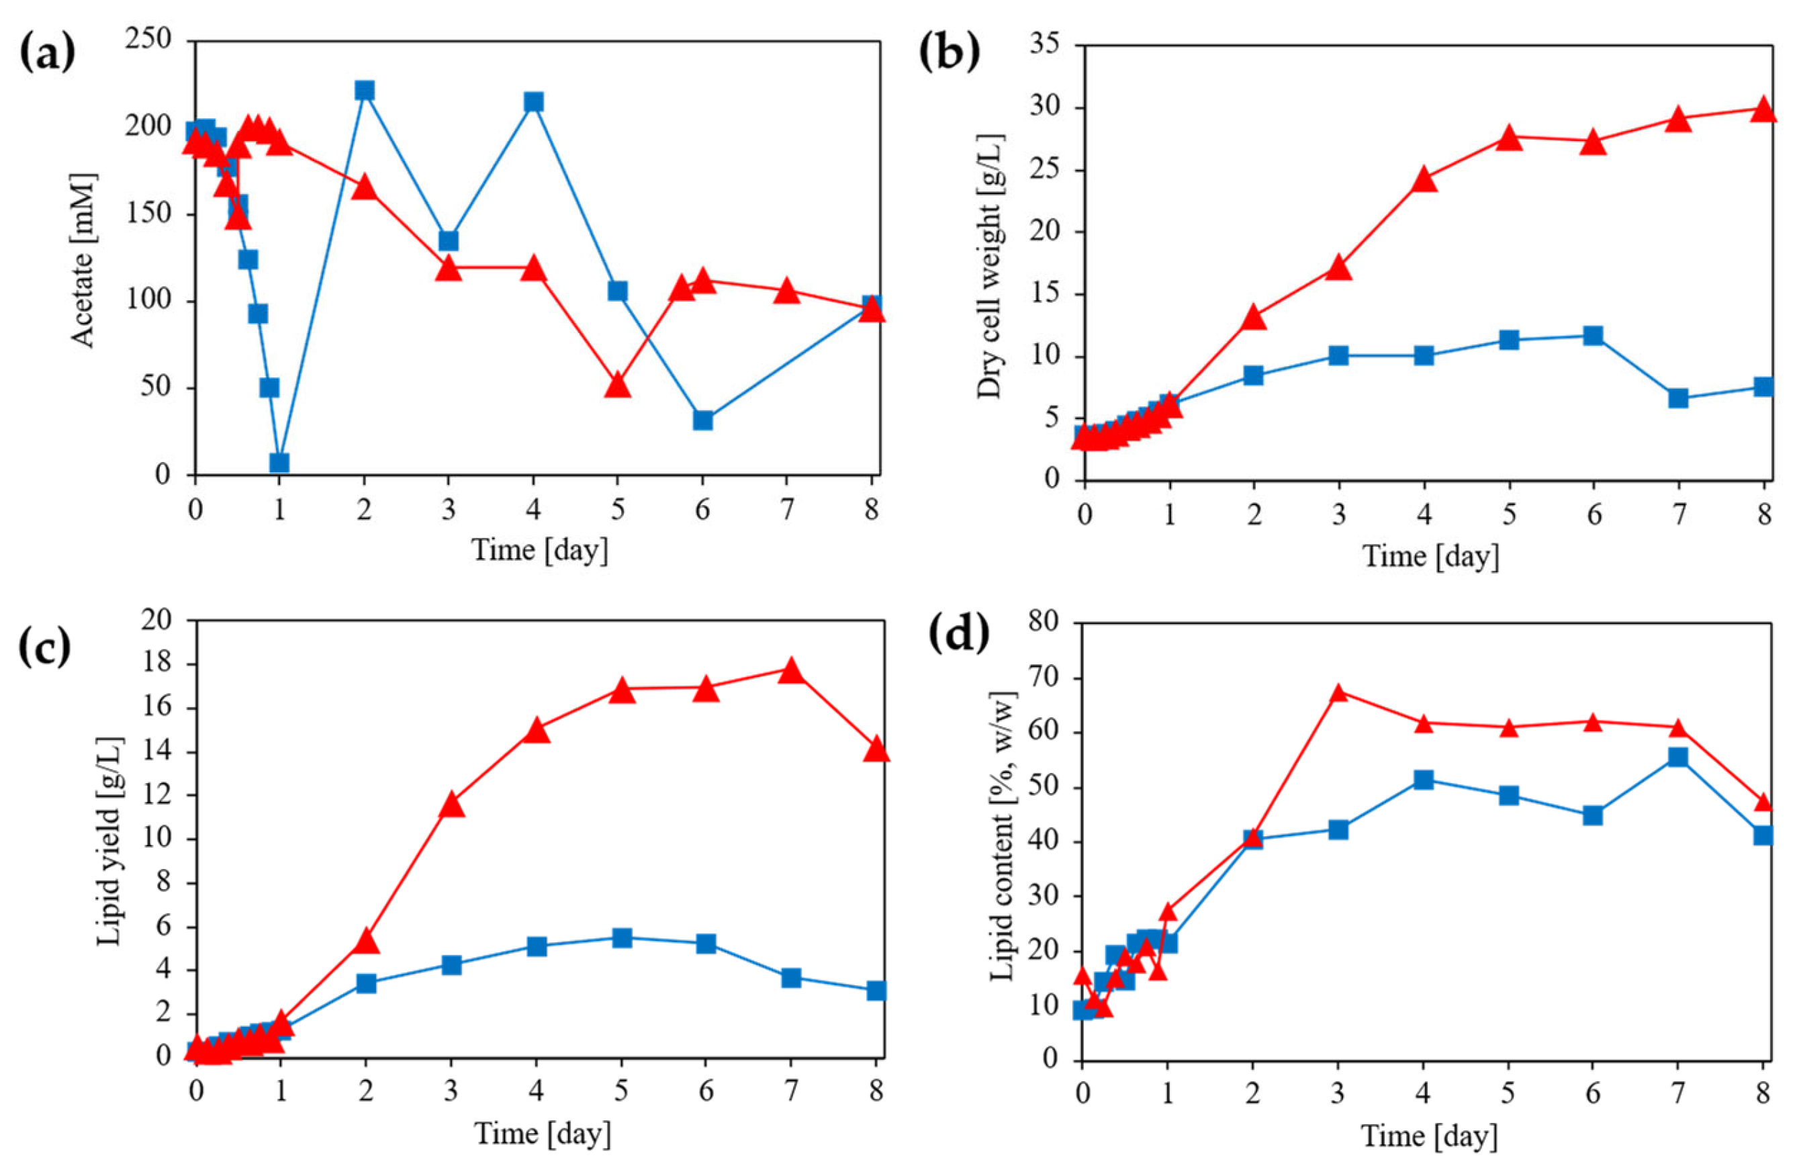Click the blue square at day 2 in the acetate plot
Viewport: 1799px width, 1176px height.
(365, 91)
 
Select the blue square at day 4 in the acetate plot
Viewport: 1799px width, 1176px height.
(534, 101)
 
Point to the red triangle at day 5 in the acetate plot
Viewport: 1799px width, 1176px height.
(618, 386)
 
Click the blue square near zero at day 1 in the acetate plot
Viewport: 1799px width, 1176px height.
(279, 463)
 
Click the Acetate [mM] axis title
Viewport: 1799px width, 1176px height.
(85, 260)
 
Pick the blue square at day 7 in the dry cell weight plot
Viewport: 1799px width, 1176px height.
(1678, 398)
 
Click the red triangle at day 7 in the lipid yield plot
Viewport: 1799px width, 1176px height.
(790, 671)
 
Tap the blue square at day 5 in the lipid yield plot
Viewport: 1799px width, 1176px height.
(621, 938)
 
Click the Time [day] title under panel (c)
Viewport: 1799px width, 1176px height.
(541, 1133)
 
